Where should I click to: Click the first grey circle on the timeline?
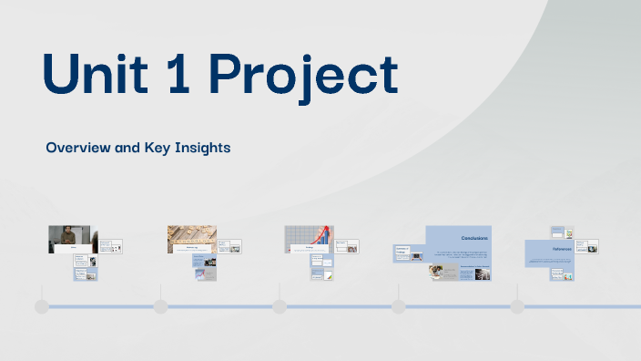coord(42,306)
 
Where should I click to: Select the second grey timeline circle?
coord(160,306)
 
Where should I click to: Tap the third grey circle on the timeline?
coord(279,306)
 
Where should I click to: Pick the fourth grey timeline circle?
coord(398,306)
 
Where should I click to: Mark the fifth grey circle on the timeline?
coord(516,306)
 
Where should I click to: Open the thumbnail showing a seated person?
coord(69,239)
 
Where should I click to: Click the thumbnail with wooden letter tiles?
coord(191,239)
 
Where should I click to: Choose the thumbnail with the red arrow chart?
coord(310,239)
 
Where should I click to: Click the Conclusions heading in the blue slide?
coord(468,238)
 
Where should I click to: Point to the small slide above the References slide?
coord(562,232)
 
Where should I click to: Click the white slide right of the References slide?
coord(591,247)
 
